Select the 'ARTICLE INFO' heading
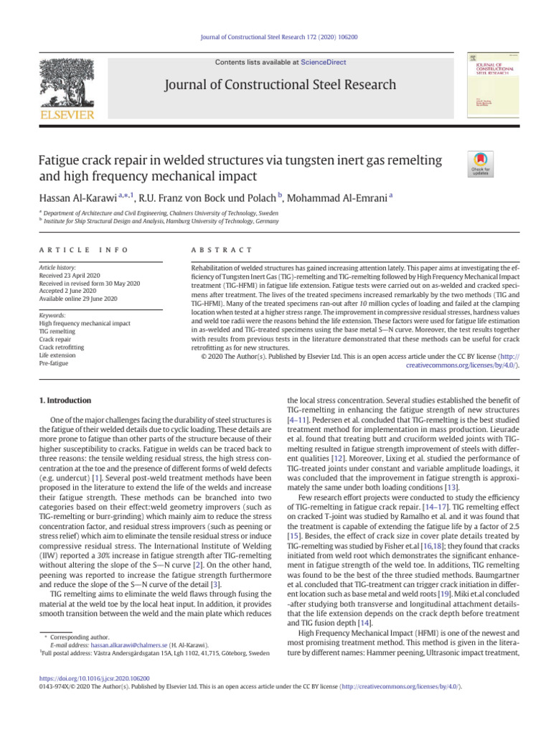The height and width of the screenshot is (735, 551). pos(84,249)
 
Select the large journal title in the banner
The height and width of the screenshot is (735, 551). pos(280,85)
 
